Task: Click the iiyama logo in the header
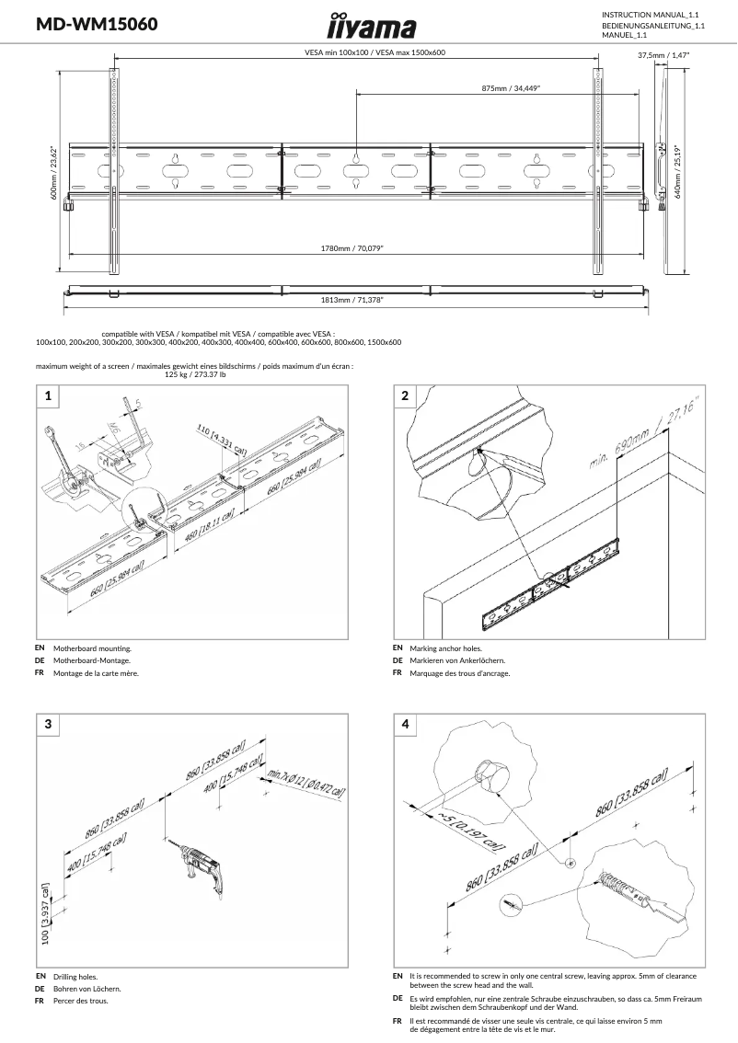372,26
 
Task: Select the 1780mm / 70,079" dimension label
352,248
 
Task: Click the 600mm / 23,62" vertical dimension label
54,172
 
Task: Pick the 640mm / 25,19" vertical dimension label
678,171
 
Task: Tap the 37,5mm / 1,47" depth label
663,55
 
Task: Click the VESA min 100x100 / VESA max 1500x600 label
375,53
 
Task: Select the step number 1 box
48,396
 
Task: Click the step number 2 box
406,396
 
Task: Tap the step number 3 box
48,724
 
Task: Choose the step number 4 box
406,724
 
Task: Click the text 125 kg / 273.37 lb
195,374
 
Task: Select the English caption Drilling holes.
75,977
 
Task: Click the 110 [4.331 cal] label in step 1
221,440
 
